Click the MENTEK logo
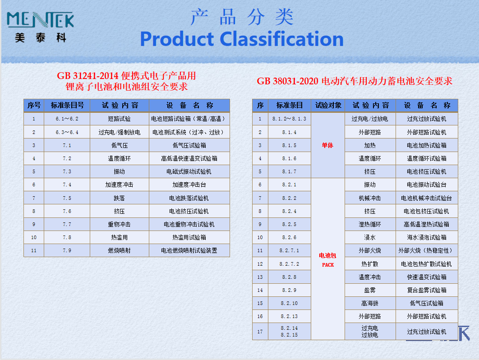(40, 27)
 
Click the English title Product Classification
(242, 39)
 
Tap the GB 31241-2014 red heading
(126, 81)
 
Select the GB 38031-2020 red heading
(355, 81)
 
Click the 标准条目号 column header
(67, 106)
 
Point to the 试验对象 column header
(328, 106)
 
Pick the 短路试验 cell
(119, 119)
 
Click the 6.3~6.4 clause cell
(67, 132)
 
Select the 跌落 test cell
(119, 198)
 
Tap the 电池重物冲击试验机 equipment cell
(189, 224)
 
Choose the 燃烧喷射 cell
(119, 250)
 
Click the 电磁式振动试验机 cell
(189, 172)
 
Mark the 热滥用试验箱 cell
(189, 237)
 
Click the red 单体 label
(327, 145)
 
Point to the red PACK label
(328, 265)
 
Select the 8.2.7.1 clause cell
(289, 250)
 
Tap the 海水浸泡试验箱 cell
(427, 237)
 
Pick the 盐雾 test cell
(370, 290)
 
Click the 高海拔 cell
(370, 303)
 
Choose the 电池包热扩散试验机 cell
(427, 264)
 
